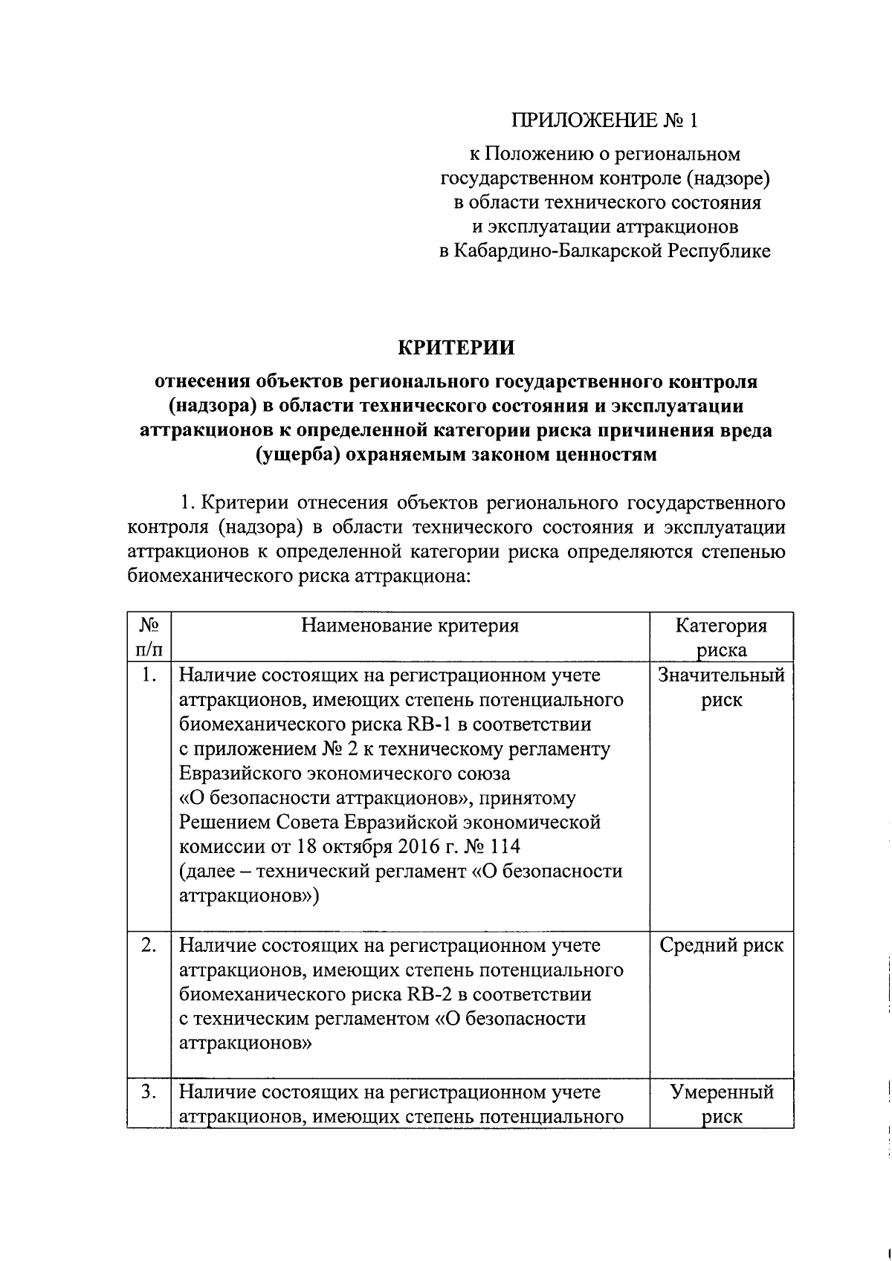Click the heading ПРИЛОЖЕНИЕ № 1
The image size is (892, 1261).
[x=604, y=120]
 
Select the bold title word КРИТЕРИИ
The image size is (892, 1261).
[x=456, y=348]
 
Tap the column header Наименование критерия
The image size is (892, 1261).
[x=410, y=626]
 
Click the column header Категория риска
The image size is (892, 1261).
[x=721, y=638]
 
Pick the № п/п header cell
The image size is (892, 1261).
[x=149, y=638]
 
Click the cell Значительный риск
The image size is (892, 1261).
[x=721, y=687]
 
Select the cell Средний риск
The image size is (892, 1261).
[x=721, y=945]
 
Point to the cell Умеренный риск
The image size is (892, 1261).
[x=721, y=1103]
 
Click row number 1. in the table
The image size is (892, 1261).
[x=149, y=675]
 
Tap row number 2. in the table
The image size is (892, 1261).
[x=149, y=945]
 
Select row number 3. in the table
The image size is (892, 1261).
[x=149, y=1092]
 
